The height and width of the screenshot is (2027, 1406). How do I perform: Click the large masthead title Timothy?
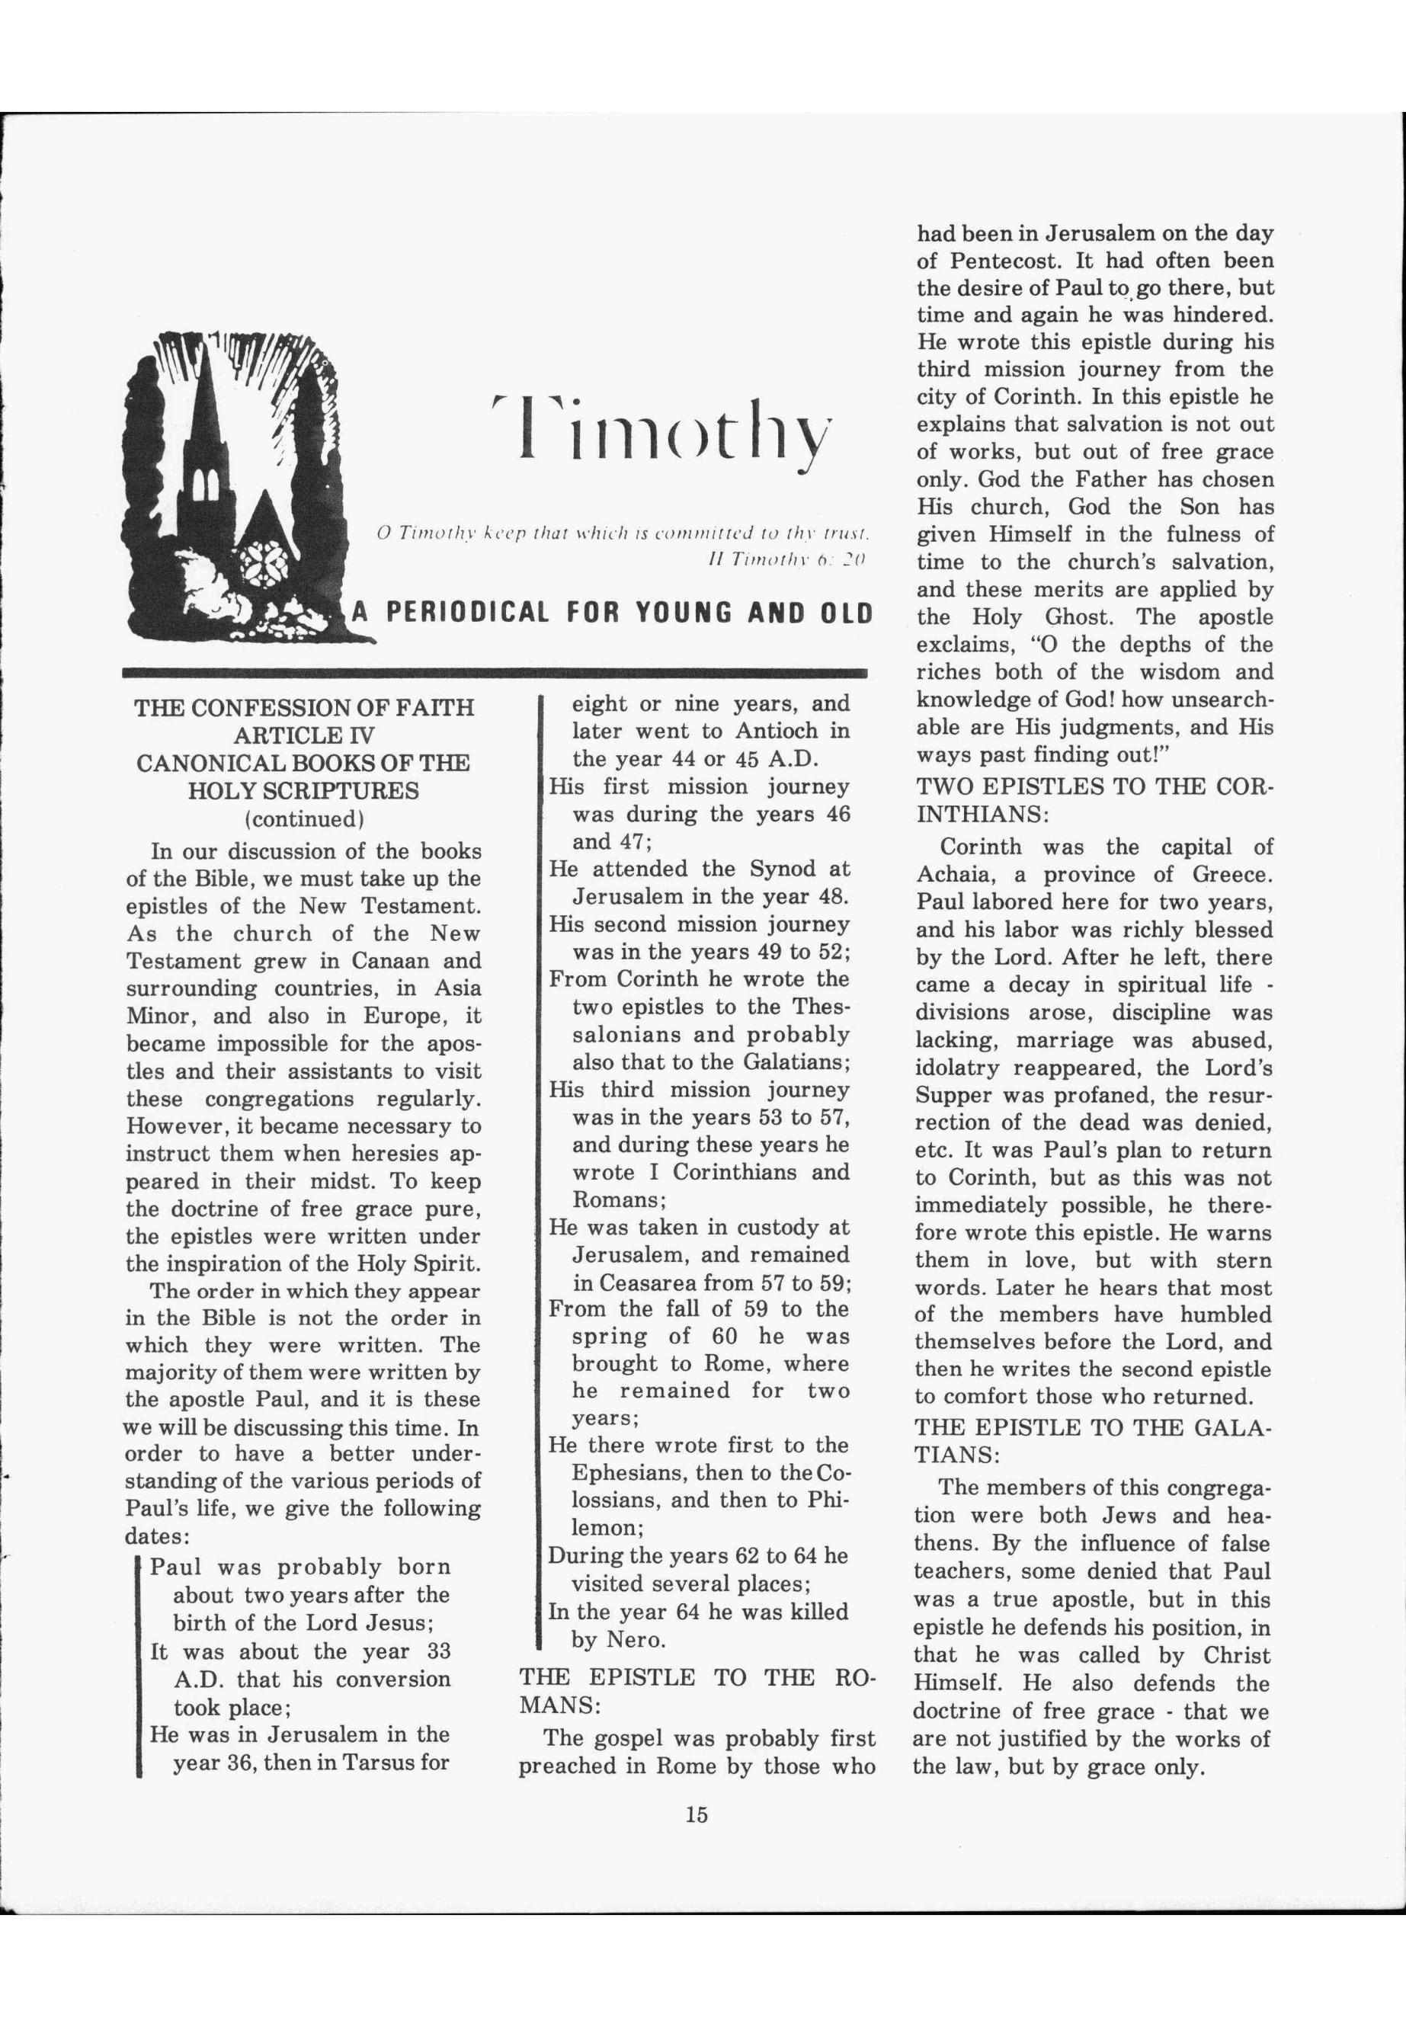click(x=662, y=430)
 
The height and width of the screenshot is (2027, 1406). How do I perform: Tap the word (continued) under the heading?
click(x=304, y=818)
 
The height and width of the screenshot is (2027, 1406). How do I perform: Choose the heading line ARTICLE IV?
click(x=304, y=735)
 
